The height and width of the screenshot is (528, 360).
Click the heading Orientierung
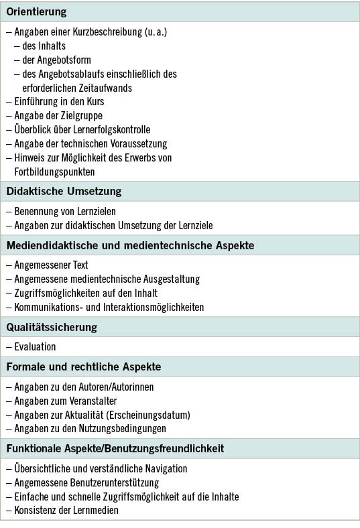[36, 13]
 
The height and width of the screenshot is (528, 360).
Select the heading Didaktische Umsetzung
[64, 191]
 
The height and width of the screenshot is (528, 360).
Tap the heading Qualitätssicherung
[52, 327]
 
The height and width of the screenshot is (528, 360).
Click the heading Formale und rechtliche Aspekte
[84, 367]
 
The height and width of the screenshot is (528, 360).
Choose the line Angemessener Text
[51, 265]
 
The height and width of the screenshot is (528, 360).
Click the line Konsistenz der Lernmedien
[66, 510]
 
